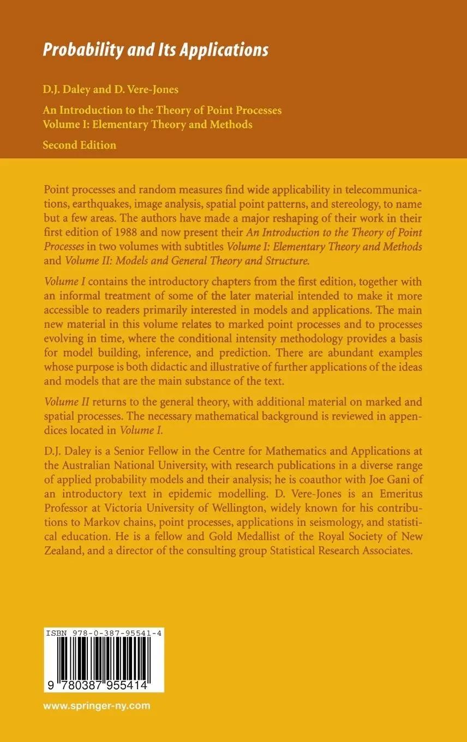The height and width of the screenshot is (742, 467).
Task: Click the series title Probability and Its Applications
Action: (155, 50)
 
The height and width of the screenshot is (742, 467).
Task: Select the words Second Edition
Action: (80, 145)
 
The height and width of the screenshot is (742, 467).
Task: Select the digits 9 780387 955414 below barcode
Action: (99, 682)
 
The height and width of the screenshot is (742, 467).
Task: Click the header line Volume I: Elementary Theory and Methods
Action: (147, 124)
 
